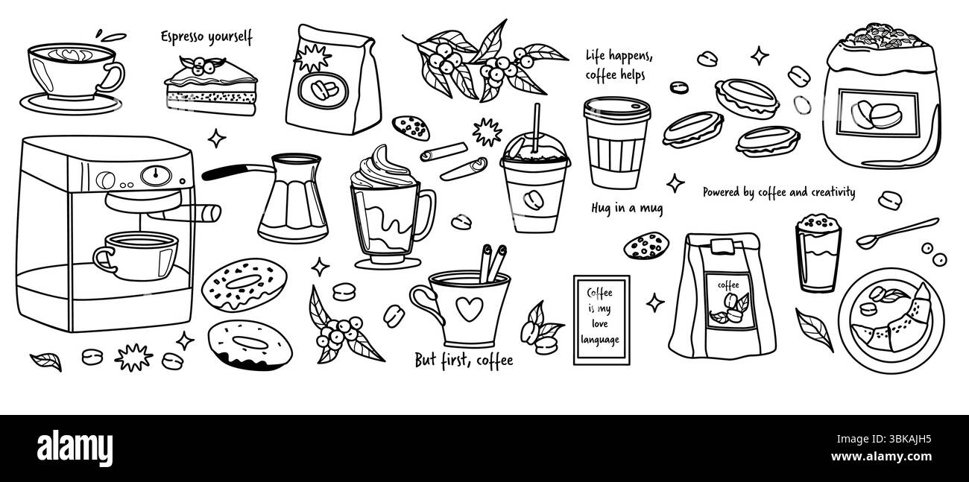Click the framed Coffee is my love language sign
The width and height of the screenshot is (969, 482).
[601, 320]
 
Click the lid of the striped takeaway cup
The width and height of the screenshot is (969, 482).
[616, 108]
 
